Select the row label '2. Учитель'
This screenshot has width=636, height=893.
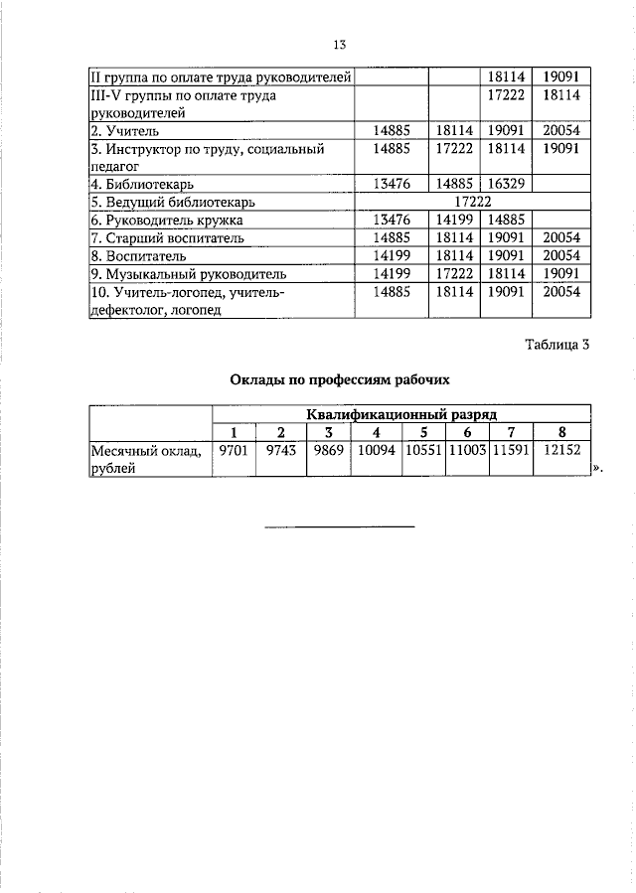[124, 131]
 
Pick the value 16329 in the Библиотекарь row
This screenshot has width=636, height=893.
[507, 184]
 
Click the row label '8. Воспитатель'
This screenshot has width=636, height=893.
[133, 255]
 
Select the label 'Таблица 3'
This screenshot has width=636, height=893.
[557, 346]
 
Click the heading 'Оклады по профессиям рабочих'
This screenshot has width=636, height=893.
[340, 379]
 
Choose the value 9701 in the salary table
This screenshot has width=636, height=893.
[234, 451]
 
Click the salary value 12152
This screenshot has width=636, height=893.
[562, 451]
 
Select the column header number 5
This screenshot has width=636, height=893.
[423, 431]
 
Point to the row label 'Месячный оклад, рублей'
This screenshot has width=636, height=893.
[147, 460]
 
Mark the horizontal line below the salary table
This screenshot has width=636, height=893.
[339, 525]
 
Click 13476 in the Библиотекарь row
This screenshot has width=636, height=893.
[392, 184]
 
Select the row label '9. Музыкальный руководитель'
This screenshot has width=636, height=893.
[188, 273]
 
